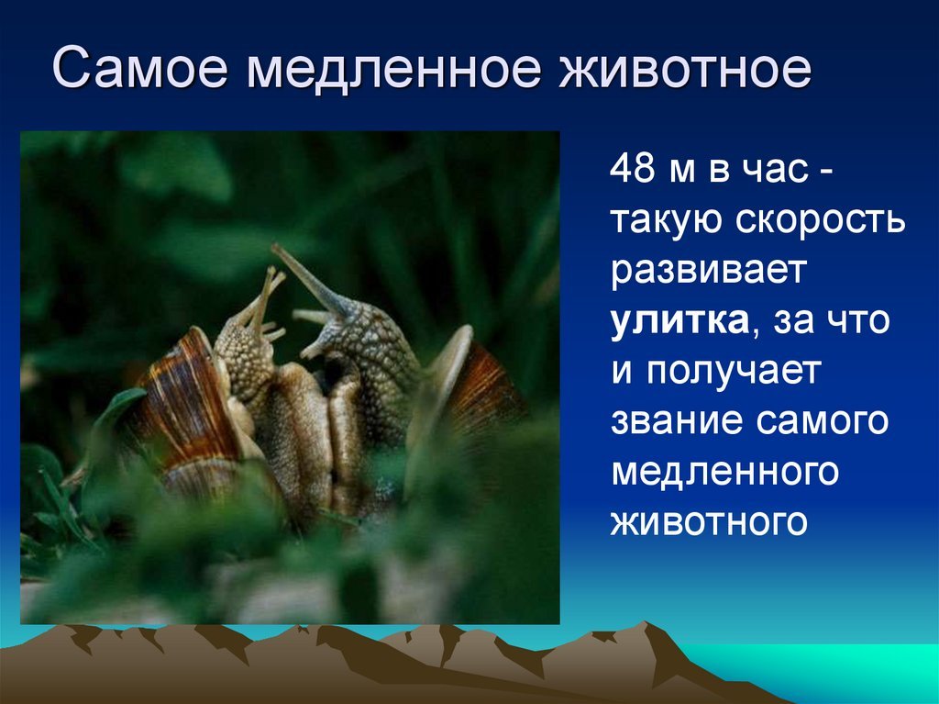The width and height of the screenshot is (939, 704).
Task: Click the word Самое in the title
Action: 140,67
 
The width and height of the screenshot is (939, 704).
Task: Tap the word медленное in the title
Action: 393,68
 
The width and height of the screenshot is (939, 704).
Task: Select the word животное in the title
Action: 684,67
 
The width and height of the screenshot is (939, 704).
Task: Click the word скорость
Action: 820,220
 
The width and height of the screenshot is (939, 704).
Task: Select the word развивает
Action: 707,271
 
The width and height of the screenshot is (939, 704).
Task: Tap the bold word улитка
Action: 679,321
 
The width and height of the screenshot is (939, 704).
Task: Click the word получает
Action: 733,372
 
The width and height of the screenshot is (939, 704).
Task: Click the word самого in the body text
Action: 822,421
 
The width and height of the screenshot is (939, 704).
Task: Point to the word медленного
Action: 724,473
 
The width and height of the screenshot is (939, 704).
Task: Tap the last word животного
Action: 709,522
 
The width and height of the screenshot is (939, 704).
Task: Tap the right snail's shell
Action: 473,390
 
